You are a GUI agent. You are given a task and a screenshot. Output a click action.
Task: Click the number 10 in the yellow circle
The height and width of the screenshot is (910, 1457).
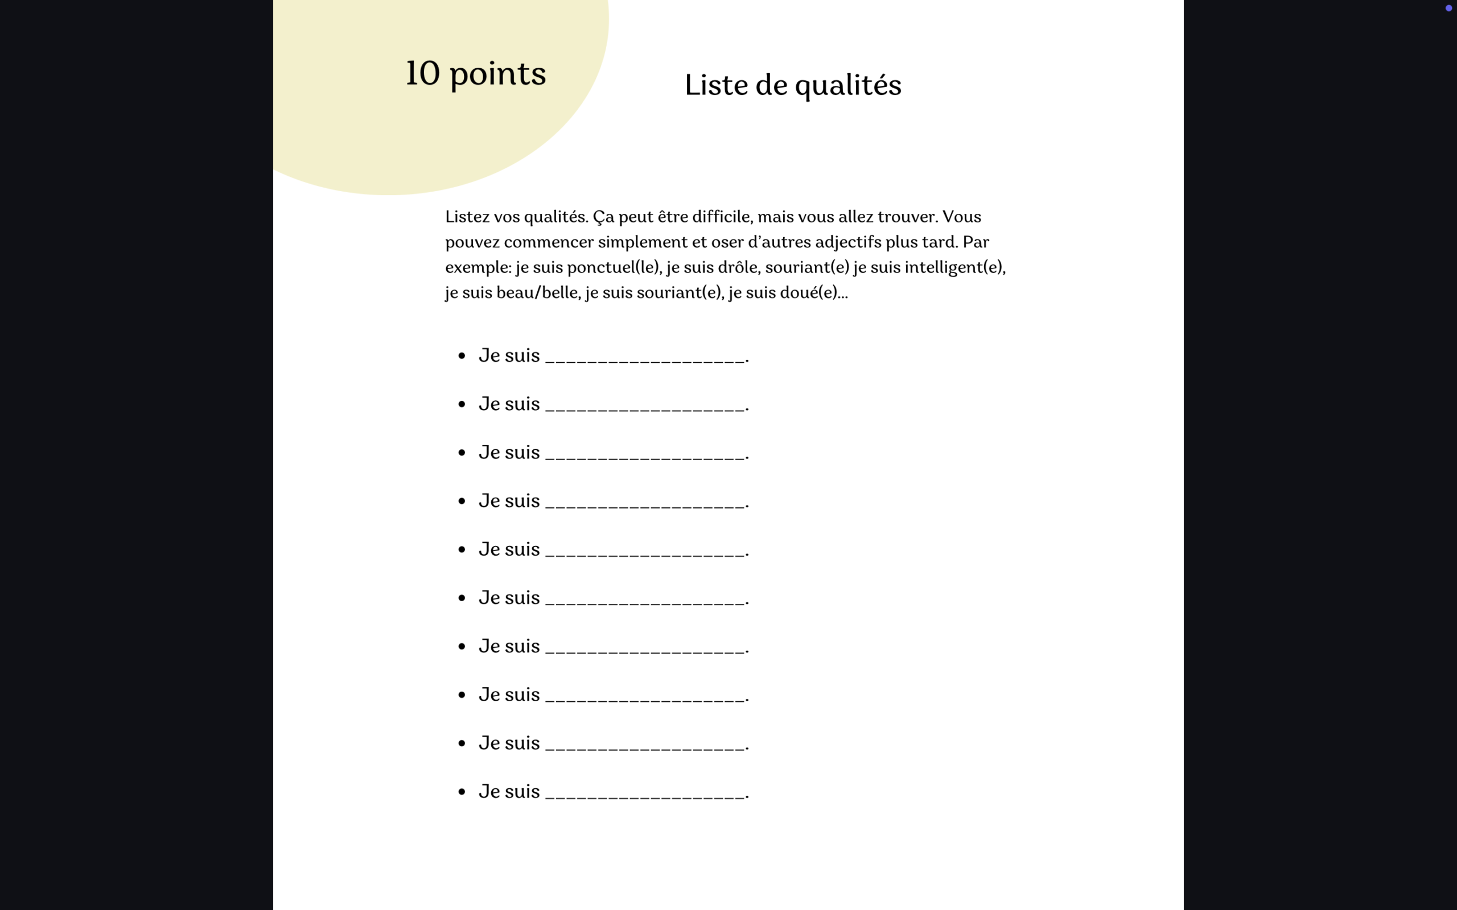(423, 73)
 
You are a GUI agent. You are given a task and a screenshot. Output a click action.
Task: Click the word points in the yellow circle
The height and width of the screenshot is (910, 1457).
(497, 75)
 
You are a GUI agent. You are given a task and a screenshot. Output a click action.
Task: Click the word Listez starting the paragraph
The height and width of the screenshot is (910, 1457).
(467, 217)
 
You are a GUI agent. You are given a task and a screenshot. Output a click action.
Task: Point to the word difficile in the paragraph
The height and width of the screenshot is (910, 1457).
(721, 217)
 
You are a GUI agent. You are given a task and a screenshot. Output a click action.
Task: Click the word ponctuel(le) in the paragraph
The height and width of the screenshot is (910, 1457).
(614, 267)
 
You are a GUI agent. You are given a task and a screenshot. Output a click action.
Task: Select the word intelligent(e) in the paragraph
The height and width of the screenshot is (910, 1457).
(954, 267)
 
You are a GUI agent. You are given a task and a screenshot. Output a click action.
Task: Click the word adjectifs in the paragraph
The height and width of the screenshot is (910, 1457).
(847, 242)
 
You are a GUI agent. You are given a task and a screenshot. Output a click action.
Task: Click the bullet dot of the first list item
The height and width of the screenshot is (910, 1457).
(462, 355)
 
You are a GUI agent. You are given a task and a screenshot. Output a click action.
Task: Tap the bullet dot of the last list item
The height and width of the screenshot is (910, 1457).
(462, 792)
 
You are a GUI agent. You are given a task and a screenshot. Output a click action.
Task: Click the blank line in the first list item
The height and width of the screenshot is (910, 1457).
(645, 359)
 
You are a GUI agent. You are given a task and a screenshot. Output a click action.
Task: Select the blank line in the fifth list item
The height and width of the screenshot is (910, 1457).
(645, 553)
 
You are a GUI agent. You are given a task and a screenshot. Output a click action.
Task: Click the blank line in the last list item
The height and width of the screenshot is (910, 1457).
(645, 795)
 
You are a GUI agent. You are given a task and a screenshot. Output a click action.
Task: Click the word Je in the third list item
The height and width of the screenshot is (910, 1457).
(489, 453)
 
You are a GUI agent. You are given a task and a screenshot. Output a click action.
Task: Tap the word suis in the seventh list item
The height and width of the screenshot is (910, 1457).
(522, 647)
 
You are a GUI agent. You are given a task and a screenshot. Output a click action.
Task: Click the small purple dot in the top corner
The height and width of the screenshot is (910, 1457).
(1448, 8)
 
